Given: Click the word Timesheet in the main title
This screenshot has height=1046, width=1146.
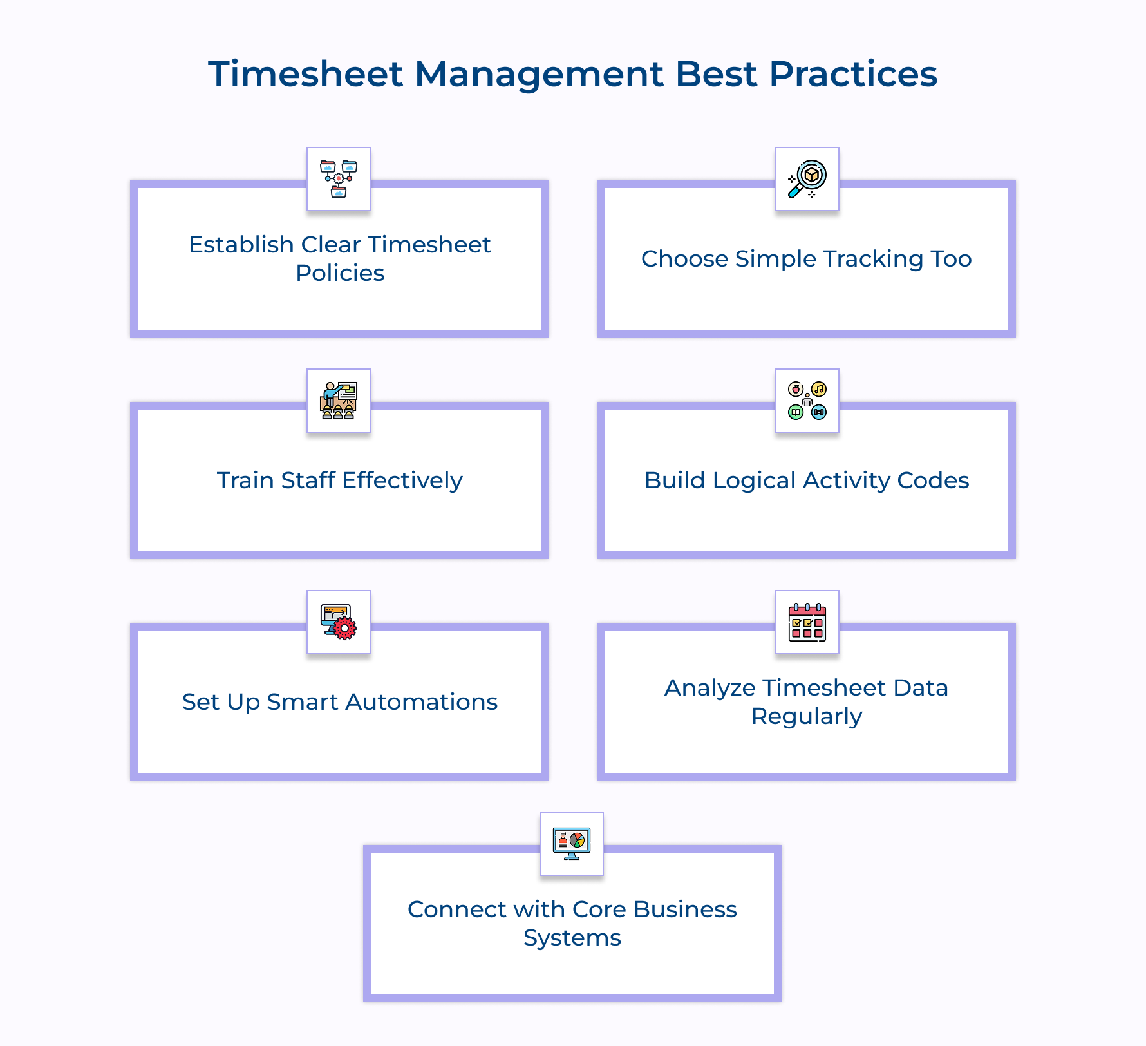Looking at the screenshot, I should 305,74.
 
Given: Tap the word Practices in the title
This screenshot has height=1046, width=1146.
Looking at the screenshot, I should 853,74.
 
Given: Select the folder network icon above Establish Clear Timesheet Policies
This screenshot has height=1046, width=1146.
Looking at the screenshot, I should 339,179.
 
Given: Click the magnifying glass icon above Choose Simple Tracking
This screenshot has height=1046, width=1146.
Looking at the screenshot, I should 807,179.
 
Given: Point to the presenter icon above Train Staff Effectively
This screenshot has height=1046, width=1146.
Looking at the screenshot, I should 339,401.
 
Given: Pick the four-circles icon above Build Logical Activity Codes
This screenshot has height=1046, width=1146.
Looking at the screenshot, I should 807,401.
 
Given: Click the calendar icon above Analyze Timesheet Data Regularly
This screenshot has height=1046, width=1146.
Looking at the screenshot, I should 807,622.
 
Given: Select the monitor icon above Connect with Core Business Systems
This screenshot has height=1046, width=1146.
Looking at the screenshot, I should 572,844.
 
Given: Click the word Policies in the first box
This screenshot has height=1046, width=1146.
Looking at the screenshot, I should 340,273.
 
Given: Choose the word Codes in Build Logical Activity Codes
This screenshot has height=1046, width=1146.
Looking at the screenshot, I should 933,480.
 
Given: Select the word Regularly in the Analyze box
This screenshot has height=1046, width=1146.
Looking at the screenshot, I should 807,716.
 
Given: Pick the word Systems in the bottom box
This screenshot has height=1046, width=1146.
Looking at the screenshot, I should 572,938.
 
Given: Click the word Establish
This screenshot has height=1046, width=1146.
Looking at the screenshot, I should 241,245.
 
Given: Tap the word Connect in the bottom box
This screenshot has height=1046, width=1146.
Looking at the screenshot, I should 457,909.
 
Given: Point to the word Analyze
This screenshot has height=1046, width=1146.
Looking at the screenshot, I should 710,688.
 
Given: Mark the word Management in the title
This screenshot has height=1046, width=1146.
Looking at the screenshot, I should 539,74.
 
